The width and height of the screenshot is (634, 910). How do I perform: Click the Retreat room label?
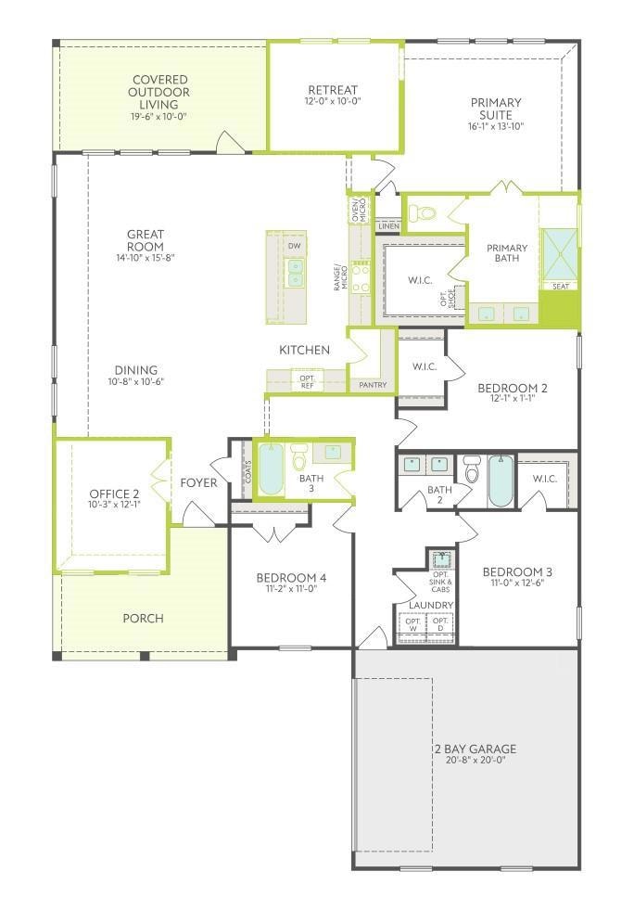333,90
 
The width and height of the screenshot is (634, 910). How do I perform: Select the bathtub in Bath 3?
271,469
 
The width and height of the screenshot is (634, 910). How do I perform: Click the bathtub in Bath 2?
501,481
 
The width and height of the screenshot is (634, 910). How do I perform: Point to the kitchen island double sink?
296,273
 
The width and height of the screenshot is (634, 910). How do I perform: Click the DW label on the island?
295,246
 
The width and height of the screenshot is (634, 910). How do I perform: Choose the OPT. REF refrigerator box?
307,382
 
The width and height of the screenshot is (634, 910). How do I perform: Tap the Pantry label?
373,385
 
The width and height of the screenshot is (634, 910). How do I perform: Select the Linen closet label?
388,226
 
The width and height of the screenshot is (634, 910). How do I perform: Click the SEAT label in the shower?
561,286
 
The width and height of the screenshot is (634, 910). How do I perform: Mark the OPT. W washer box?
413,625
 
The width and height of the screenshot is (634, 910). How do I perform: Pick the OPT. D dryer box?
439,625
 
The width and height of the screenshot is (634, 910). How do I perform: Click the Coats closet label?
247,471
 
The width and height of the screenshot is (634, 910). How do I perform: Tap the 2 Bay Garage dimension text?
475,760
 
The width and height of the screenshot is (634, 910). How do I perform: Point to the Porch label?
144,618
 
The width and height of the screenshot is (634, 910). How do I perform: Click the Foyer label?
198,483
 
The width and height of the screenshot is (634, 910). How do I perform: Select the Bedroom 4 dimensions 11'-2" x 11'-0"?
291,588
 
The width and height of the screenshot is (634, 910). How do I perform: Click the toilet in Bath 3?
299,457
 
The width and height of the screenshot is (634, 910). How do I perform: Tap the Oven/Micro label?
360,210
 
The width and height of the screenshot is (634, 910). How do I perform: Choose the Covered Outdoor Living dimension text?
158,117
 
